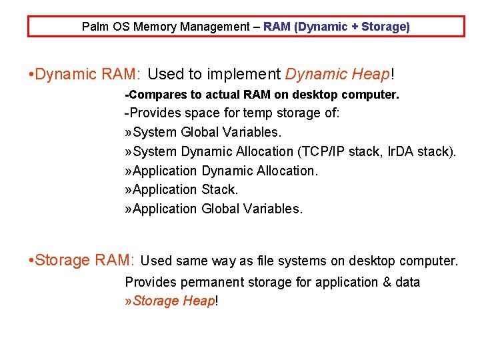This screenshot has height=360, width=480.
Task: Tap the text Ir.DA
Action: pyautogui.click(x=403, y=151)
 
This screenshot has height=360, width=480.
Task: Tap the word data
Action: pyautogui.click(x=407, y=282)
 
